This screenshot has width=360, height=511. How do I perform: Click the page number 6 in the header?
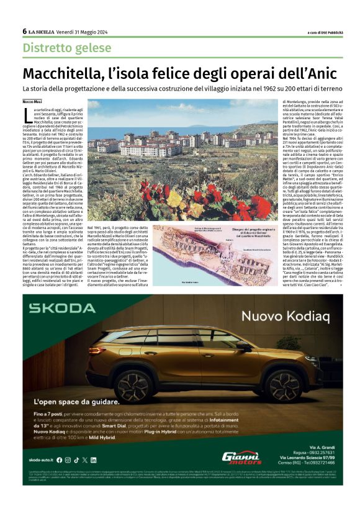(25, 31)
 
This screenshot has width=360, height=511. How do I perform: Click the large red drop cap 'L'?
(27, 114)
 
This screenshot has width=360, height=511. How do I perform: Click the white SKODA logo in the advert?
(61, 307)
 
